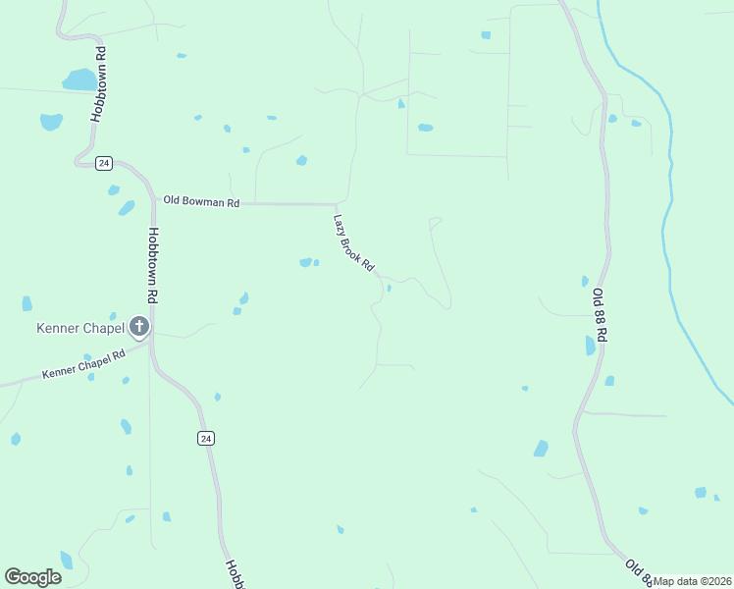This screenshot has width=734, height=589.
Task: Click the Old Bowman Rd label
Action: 201,202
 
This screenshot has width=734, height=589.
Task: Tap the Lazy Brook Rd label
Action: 354,243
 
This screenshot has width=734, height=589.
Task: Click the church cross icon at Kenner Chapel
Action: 139,326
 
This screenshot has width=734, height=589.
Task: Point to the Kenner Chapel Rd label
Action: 84,365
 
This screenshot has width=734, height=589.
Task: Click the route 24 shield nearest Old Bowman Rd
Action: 104,163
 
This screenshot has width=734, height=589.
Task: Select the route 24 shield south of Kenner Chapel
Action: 204,438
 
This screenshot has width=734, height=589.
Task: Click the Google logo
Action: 33,577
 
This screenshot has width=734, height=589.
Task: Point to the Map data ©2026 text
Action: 693,581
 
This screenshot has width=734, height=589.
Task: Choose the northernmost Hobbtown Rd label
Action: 98,82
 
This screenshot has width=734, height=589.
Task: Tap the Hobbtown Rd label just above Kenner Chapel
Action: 153,265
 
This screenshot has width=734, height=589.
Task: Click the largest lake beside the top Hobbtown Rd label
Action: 79,80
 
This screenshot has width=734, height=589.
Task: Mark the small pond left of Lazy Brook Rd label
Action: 306,262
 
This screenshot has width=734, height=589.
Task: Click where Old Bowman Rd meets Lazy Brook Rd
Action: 337,204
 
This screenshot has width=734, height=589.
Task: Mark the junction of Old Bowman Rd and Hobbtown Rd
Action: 155,203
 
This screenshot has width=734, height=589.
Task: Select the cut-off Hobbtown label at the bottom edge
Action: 235,574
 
